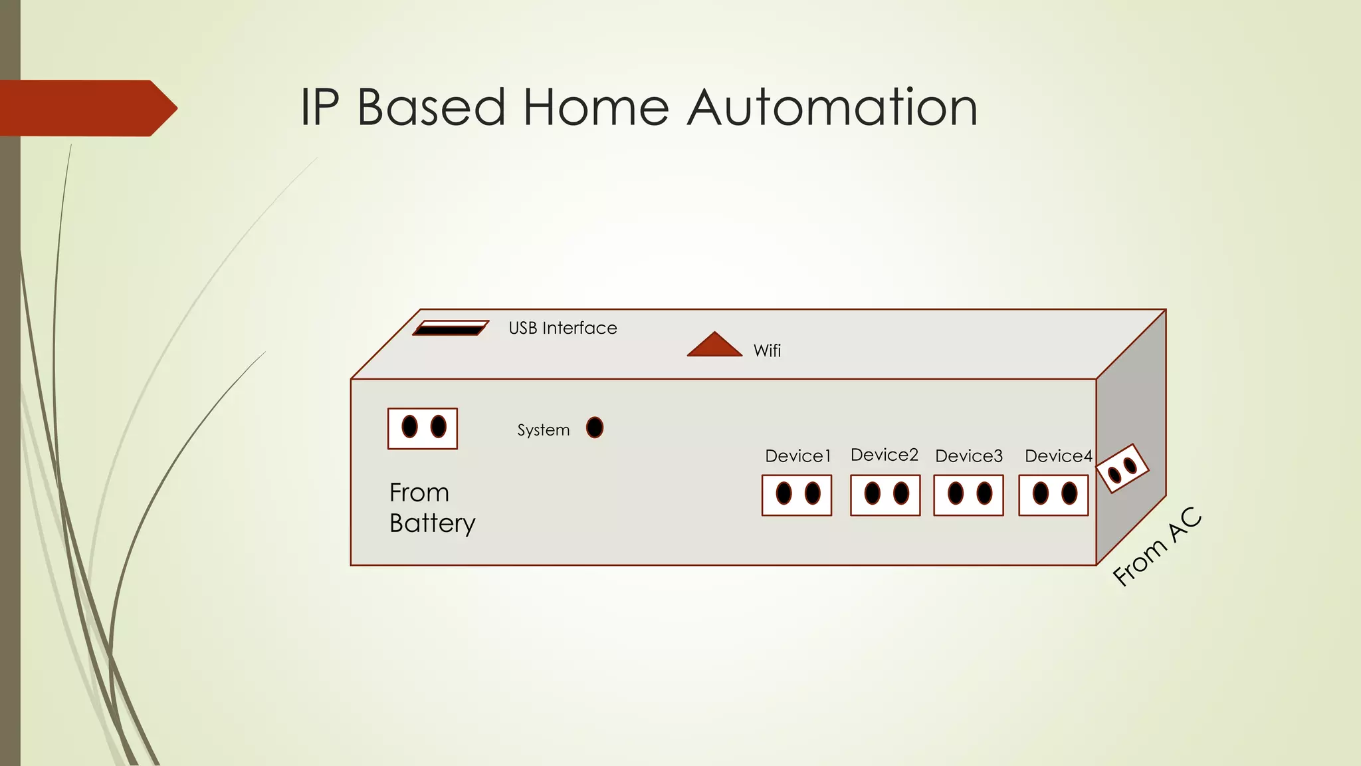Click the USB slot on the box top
point(451,328)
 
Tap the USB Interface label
point(562,328)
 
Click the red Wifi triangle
point(714,345)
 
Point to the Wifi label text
point(767,350)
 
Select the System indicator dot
point(595,428)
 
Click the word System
point(543,430)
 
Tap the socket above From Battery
point(423,428)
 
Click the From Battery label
point(432,508)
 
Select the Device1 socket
point(797,495)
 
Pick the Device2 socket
point(885,495)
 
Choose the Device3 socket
point(968,495)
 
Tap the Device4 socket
point(1053,495)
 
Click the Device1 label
point(797,456)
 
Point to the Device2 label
point(884,455)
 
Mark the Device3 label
point(968,456)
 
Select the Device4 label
point(1058,456)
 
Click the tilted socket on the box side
point(1122,469)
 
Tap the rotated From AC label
point(1157,547)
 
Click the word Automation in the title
point(832,107)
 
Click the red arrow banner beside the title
point(86,108)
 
